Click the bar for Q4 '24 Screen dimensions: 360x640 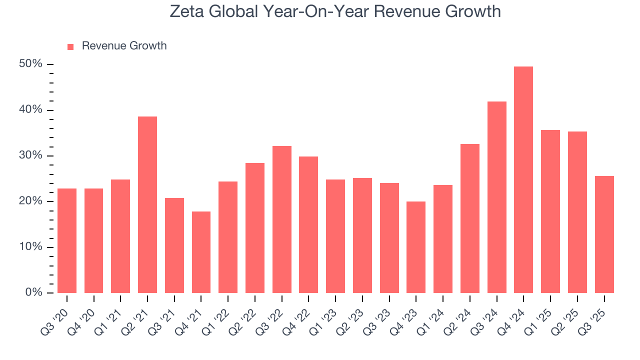(x=523, y=180)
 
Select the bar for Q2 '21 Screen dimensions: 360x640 (x=147, y=205)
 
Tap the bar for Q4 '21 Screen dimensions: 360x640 (x=201, y=252)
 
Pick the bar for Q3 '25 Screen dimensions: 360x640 (x=604, y=234)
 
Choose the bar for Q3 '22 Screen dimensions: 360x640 (x=282, y=219)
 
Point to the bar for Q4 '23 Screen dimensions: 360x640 (x=416, y=247)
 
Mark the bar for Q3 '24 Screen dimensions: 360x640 (x=496, y=197)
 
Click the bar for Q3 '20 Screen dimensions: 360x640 (x=67, y=241)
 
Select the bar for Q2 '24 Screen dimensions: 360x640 (x=470, y=218)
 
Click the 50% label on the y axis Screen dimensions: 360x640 (x=30, y=64)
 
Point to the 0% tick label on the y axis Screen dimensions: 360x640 (x=33, y=292)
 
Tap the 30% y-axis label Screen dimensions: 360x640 (x=30, y=155)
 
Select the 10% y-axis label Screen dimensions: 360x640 (x=30, y=247)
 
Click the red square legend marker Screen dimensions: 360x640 (x=70, y=47)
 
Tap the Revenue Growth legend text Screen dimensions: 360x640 (x=124, y=46)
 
